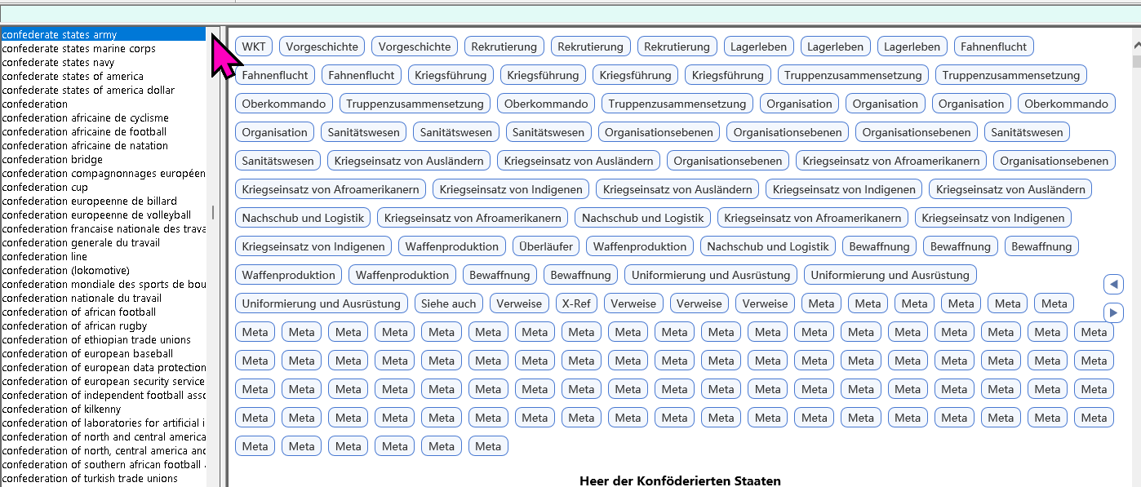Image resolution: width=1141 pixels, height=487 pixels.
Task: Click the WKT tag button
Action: point(254,46)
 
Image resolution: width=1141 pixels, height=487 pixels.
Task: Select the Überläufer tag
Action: point(545,247)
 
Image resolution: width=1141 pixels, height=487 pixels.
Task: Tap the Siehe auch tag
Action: point(448,303)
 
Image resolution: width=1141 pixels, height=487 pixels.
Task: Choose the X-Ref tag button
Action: point(576,303)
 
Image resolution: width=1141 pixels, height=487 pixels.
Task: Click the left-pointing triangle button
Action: point(1113,285)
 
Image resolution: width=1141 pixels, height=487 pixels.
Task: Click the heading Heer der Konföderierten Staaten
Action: point(680,481)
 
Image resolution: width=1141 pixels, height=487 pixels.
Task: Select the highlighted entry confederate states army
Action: point(60,34)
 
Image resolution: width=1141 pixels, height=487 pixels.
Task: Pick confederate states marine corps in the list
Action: point(79,49)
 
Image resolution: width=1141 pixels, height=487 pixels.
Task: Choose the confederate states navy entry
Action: point(58,63)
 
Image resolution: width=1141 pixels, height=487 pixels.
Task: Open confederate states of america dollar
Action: point(88,90)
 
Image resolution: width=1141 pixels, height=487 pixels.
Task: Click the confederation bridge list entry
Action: point(52,160)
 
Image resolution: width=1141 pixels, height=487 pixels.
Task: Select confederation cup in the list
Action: point(45,188)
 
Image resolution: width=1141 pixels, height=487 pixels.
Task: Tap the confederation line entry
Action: point(45,256)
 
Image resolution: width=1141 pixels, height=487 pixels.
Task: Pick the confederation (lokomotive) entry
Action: point(66,270)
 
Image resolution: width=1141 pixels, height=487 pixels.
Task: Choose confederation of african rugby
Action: point(74,325)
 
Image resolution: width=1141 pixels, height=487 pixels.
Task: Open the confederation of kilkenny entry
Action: point(62,410)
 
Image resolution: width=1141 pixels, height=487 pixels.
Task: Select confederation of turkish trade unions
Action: point(90,478)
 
